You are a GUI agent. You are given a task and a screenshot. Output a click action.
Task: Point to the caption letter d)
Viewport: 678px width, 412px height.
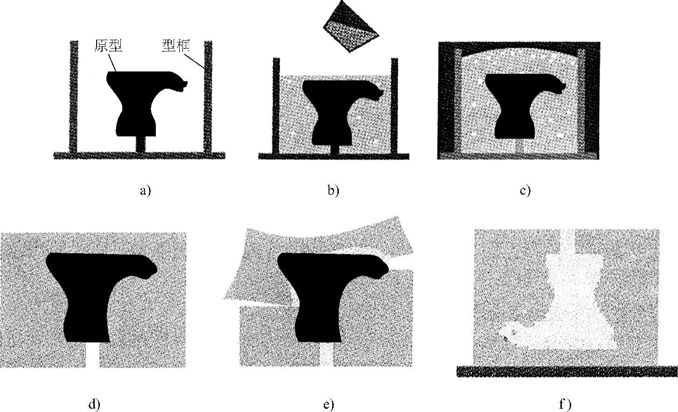94,404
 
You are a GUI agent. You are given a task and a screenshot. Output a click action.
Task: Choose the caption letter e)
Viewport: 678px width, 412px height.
329,404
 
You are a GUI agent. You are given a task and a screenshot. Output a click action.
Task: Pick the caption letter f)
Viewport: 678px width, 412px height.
565,404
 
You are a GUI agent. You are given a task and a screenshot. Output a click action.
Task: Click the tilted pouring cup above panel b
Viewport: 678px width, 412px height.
351,27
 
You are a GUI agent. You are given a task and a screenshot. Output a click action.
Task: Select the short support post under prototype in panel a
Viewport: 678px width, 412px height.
140,144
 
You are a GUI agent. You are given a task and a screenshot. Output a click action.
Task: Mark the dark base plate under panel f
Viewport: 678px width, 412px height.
566,371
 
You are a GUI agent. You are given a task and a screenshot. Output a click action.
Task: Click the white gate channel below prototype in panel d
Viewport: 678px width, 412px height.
93,355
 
